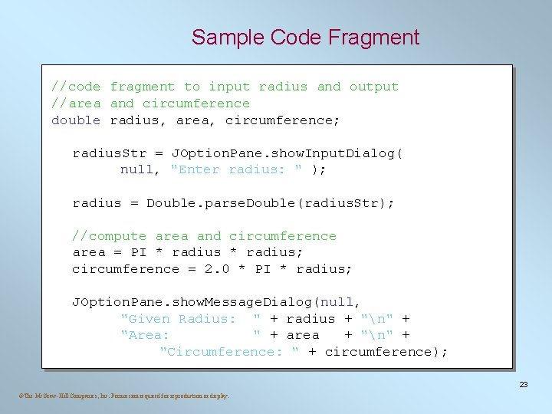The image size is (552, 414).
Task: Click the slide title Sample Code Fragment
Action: [x=305, y=38]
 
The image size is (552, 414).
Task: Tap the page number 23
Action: [x=524, y=384]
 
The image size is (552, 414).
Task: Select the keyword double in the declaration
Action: [x=76, y=120]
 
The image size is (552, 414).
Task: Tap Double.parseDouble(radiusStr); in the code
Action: [x=271, y=203]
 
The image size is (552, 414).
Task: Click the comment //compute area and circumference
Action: [x=204, y=236]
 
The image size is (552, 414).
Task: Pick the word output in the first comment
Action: [x=374, y=87]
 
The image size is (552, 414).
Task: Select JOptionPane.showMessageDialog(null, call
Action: [x=216, y=302]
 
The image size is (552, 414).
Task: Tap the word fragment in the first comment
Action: [x=143, y=87]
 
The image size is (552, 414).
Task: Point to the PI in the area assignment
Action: [x=139, y=252]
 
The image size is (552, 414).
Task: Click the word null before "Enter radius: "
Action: [x=137, y=169]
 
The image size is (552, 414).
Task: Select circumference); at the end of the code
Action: [x=386, y=352]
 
